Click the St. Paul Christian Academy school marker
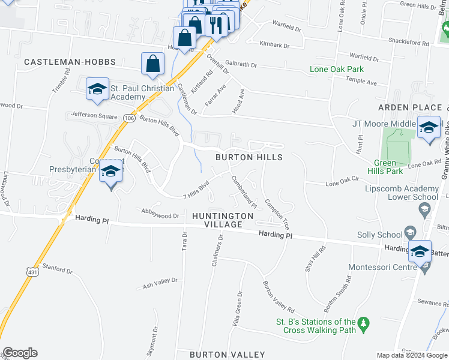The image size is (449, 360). pos(97,90)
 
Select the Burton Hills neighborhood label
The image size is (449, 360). pos(249,157)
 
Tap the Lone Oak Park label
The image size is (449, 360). pos(336,69)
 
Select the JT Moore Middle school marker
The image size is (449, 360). pos(429,128)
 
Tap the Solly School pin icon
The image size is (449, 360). pos(410,232)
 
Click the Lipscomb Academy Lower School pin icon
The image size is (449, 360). pos(424,208)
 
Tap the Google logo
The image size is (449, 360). pos(20,353)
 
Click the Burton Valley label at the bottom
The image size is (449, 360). pos(228,355)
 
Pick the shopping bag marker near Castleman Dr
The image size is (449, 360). pos(153,64)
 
